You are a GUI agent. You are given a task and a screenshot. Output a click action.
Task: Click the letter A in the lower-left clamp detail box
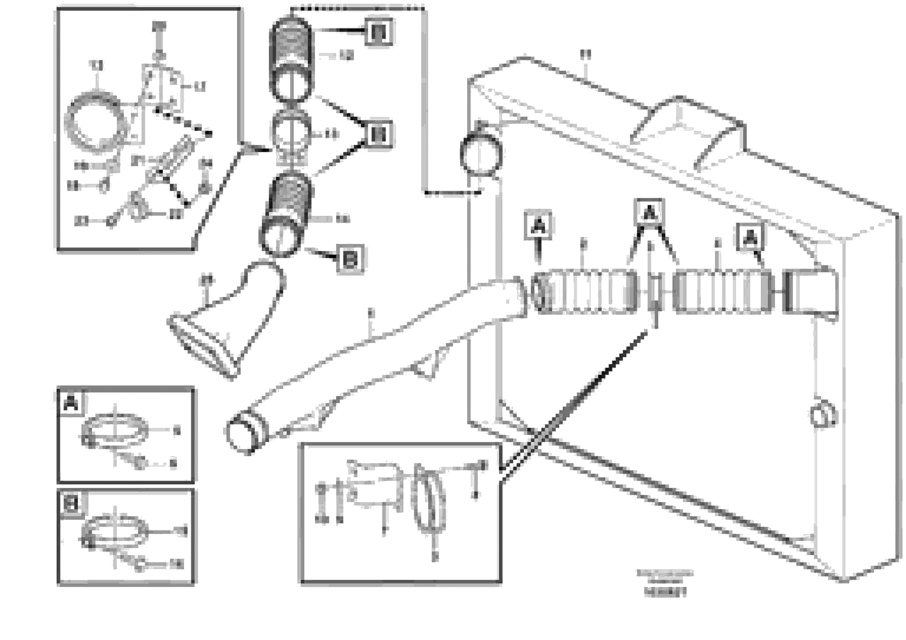point(71,403)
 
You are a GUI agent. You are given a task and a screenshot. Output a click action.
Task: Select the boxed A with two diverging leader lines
point(649,213)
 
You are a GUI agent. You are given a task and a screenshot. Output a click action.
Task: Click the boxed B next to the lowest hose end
point(350,259)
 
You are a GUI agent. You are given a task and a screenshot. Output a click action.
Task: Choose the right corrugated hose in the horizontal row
point(722,292)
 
